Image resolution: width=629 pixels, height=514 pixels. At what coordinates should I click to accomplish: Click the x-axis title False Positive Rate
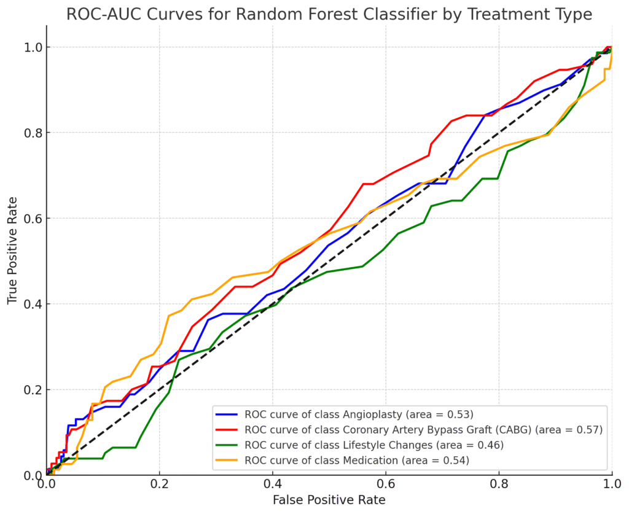(329, 500)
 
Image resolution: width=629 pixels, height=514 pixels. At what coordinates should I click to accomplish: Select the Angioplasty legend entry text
(359, 413)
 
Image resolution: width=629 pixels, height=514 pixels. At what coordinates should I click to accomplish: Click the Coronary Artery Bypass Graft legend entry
(423, 429)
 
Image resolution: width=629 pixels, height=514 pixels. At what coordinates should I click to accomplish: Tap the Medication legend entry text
(356, 461)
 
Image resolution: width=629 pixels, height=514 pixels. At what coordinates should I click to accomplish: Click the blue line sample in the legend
(227, 413)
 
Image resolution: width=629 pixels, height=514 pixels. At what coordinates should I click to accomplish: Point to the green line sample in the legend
(227, 445)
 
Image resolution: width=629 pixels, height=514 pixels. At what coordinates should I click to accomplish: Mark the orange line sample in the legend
(227, 461)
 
